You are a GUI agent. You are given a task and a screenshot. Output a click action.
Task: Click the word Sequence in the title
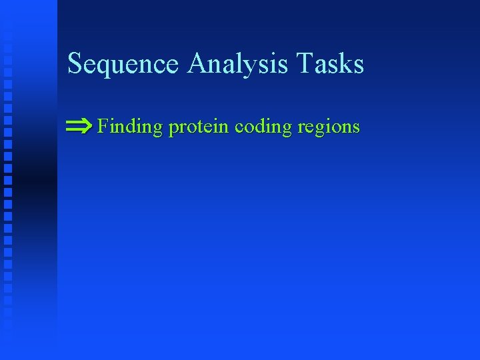coord(124,65)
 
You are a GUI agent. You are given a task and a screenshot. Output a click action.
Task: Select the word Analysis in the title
coord(239,65)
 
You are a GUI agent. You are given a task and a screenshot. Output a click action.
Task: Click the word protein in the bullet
coord(199,127)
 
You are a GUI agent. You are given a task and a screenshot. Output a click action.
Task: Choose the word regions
coord(329,127)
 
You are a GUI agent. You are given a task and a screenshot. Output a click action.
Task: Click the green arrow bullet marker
coord(79,125)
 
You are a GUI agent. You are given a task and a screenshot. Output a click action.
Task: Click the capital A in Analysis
coord(198,63)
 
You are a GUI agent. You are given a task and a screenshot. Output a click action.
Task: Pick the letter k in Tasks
coord(343,64)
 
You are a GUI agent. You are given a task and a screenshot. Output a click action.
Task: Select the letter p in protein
coord(173,129)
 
